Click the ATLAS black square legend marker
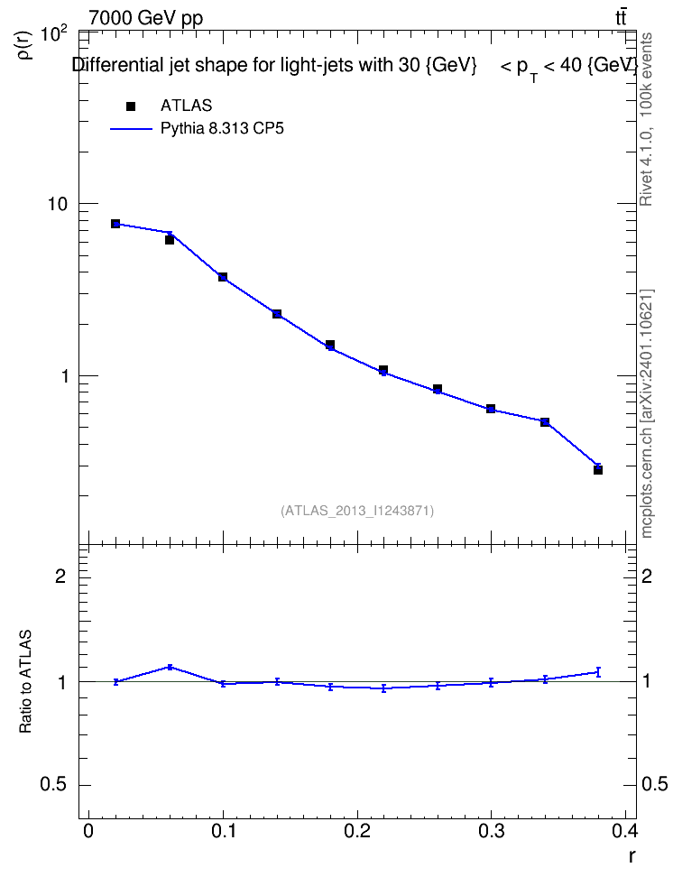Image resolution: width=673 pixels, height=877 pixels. (x=131, y=106)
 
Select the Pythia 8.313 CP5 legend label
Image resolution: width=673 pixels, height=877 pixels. (x=222, y=129)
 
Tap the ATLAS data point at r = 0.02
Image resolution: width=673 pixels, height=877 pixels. (x=115, y=224)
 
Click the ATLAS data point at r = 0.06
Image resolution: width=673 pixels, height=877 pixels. (x=170, y=240)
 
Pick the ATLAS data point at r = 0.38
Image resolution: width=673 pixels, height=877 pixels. (x=598, y=470)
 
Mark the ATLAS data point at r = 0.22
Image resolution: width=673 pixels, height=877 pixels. (x=383, y=370)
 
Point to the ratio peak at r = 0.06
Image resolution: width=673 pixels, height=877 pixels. (x=171, y=667)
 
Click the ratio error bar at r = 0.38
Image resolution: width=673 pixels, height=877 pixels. (x=598, y=671)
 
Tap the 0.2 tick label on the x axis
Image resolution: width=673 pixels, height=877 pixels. (x=357, y=832)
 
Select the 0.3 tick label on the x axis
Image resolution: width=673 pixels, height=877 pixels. (x=491, y=832)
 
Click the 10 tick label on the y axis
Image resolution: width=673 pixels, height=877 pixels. (x=57, y=204)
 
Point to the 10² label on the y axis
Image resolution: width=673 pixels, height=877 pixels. (x=55, y=34)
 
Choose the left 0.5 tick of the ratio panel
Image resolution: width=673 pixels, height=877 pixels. (x=53, y=785)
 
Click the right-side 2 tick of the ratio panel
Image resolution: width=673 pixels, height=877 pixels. (x=647, y=576)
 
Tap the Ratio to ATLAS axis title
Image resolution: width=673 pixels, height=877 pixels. (x=26, y=681)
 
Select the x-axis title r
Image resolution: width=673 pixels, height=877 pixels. (x=632, y=855)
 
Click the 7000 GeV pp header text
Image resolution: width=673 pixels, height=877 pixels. (x=145, y=18)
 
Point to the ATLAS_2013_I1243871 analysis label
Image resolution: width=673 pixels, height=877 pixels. (x=357, y=511)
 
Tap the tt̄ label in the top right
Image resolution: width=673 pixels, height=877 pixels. (x=621, y=17)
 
